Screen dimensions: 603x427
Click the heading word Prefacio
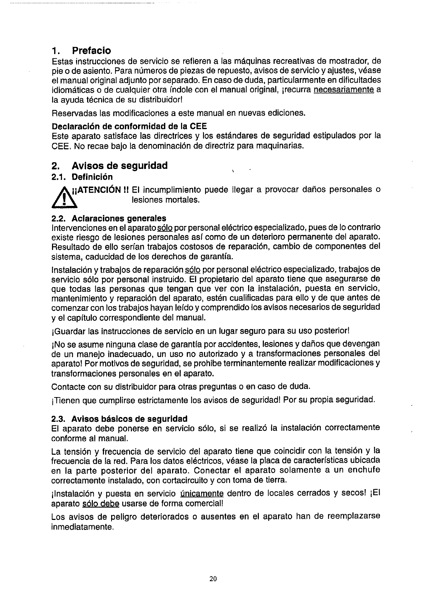pyautogui.click(x=91, y=50)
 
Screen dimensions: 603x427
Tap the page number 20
pyautogui.click(x=213, y=579)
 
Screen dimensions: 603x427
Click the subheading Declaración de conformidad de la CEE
pyautogui.click(x=129, y=126)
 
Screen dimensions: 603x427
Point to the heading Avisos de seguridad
pyautogui.click(x=120, y=166)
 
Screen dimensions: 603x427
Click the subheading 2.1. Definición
pyautogui.click(x=82, y=177)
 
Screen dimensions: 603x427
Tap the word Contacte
pyautogui.click(x=67, y=387)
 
